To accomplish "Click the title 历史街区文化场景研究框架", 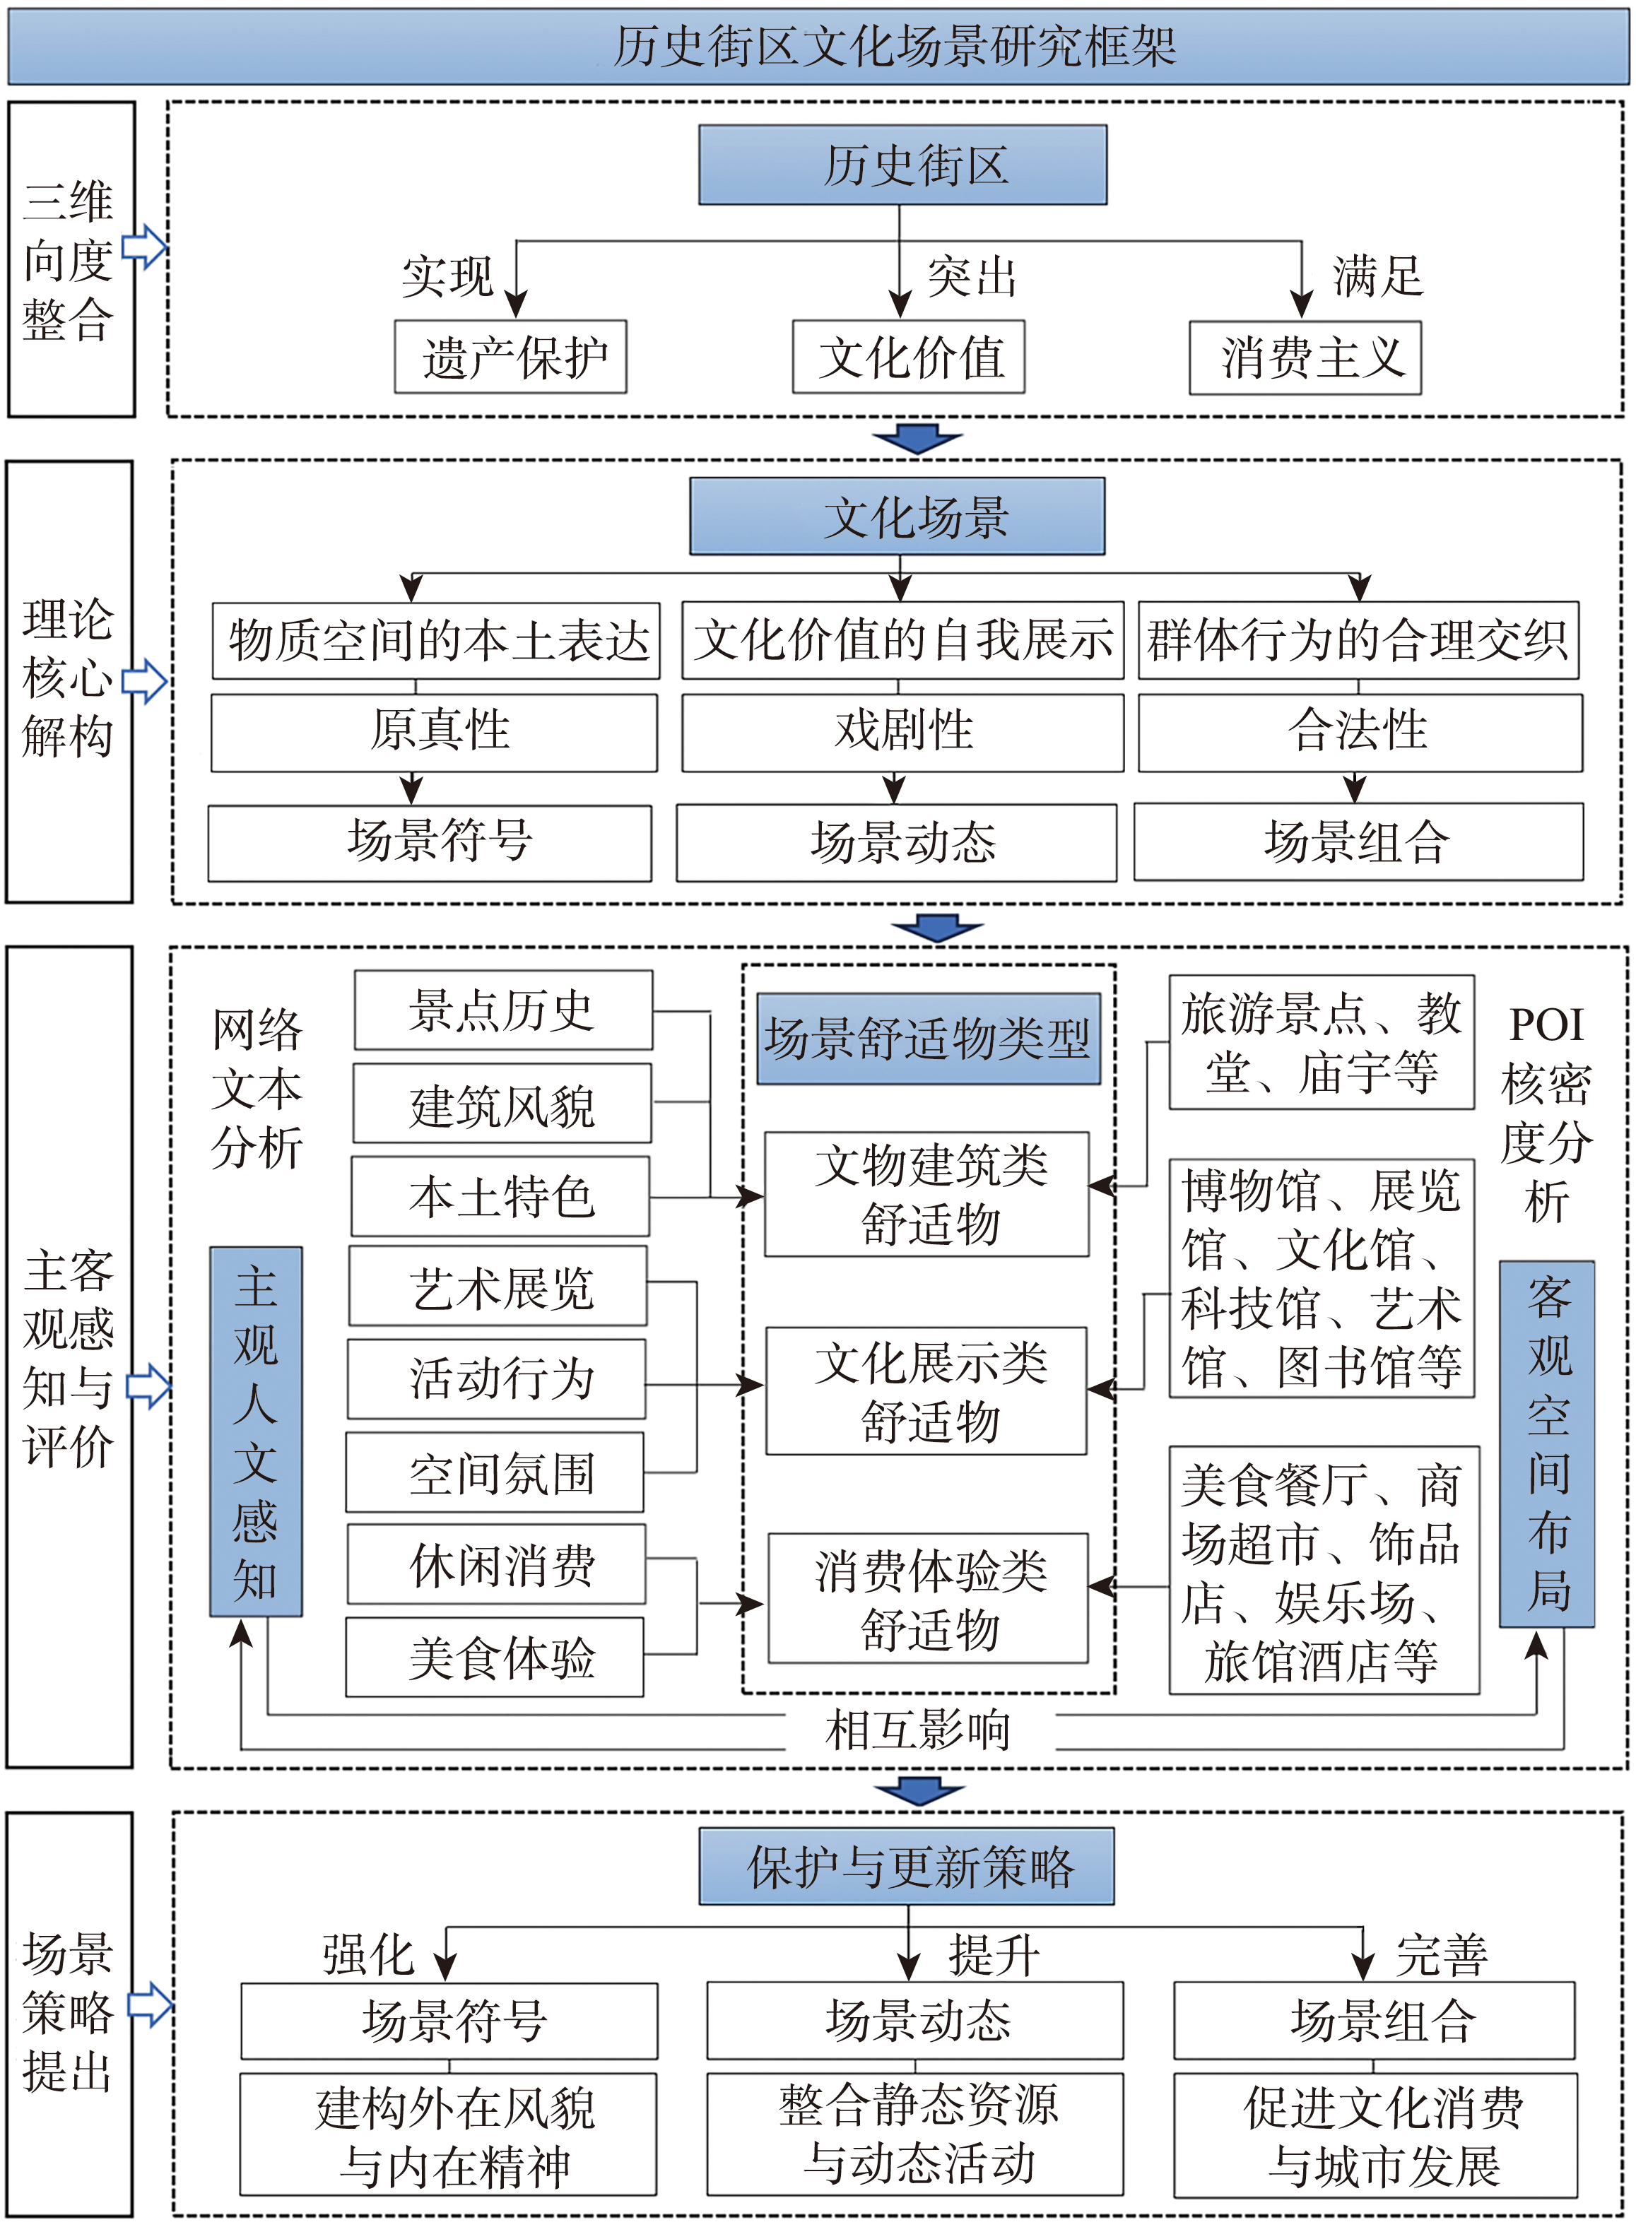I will pyautogui.click(x=894, y=47).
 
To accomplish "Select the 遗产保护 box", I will pyautogui.click(x=511, y=358).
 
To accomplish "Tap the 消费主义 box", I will pyautogui.click(x=1305, y=358).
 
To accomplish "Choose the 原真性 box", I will pyautogui.click(x=435, y=732).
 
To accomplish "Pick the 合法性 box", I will pyautogui.click(x=1359, y=732).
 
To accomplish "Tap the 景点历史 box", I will pyautogui.click(x=503, y=1010).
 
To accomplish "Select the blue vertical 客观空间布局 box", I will pyautogui.click(x=1547, y=1443).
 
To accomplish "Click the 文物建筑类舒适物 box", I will pyautogui.click(x=928, y=1194).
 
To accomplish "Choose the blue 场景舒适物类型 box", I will pyautogui.click(x=928, y=1039).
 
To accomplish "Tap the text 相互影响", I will pyautogui.click(x=918, y=1729).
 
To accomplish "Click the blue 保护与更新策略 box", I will pyautogui.click(x=906, y=1867).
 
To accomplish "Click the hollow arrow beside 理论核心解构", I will pyautogui.click(x=145, y=680).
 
